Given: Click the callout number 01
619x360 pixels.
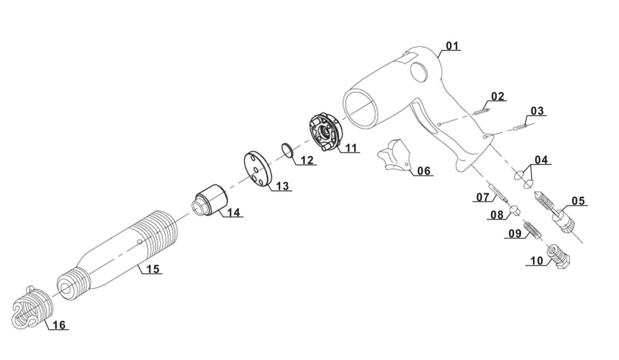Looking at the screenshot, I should (x=452, y=46).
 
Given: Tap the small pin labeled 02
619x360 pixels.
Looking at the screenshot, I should (x=482, y=111).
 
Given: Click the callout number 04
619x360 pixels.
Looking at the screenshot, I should (x=541, y=160).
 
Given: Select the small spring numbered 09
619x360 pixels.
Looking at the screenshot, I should (x=531, y=230).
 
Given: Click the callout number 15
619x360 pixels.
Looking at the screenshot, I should (x=153, y=269).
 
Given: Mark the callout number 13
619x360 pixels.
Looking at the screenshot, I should (x=282, y=186).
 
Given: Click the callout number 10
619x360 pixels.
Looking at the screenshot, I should (x=536, y=260).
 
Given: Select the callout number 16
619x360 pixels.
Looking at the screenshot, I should (x=59, y=324).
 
